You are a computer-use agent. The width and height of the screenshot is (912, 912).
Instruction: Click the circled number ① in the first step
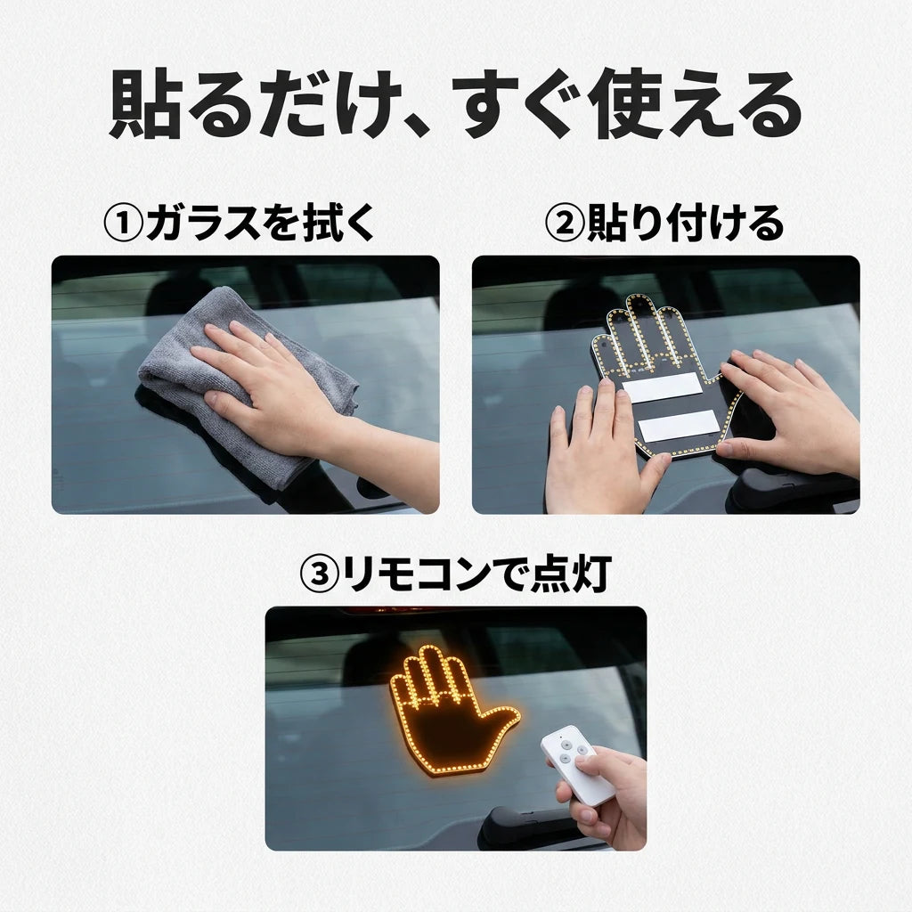tap(123, 224)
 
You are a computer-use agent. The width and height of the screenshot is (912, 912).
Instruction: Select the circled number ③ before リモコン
tap(320, 574)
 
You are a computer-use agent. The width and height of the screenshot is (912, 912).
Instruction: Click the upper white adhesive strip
tap(663, 387)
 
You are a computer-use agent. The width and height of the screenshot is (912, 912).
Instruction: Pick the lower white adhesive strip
tap(678, 425)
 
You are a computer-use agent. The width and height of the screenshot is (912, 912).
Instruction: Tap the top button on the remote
tap(563, 743)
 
